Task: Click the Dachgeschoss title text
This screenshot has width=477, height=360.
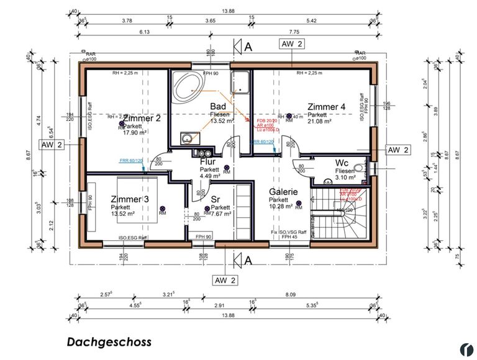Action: (109, 342)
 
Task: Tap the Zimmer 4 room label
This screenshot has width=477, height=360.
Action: (326, 106)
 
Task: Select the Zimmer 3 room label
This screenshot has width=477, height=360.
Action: (130, 199)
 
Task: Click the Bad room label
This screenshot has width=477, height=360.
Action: (217, 106)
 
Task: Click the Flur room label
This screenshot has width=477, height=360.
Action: (207, 161)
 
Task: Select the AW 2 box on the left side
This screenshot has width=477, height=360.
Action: (53, 145)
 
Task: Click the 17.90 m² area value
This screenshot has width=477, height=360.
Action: (135, 132)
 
